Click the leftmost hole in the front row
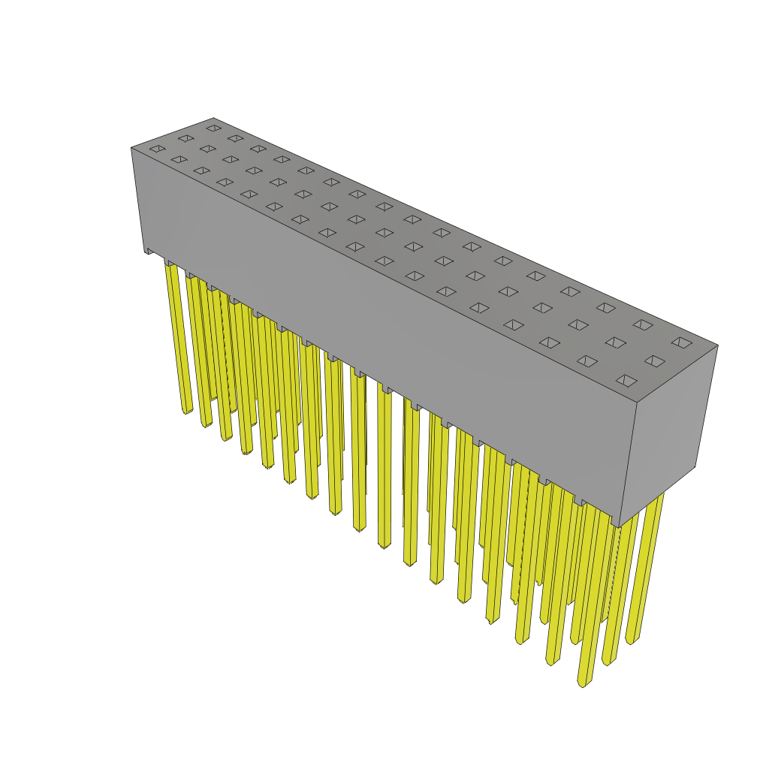[157, 149]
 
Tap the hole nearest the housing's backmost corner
[214, 128]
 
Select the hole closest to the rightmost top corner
[682, 342]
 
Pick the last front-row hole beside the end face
[626, 381]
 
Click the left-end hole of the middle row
[185, 138]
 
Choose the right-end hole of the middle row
[654, 361]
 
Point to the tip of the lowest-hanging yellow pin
[582, 683]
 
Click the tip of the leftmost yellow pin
[187, 410]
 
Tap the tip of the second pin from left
[207, 424]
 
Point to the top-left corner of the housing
[132, 148]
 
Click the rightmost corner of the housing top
[717, 345]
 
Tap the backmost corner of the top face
[213, 119]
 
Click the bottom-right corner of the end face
[695, 466]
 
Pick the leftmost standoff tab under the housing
[149, 252]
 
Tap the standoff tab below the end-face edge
[616, 520]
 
